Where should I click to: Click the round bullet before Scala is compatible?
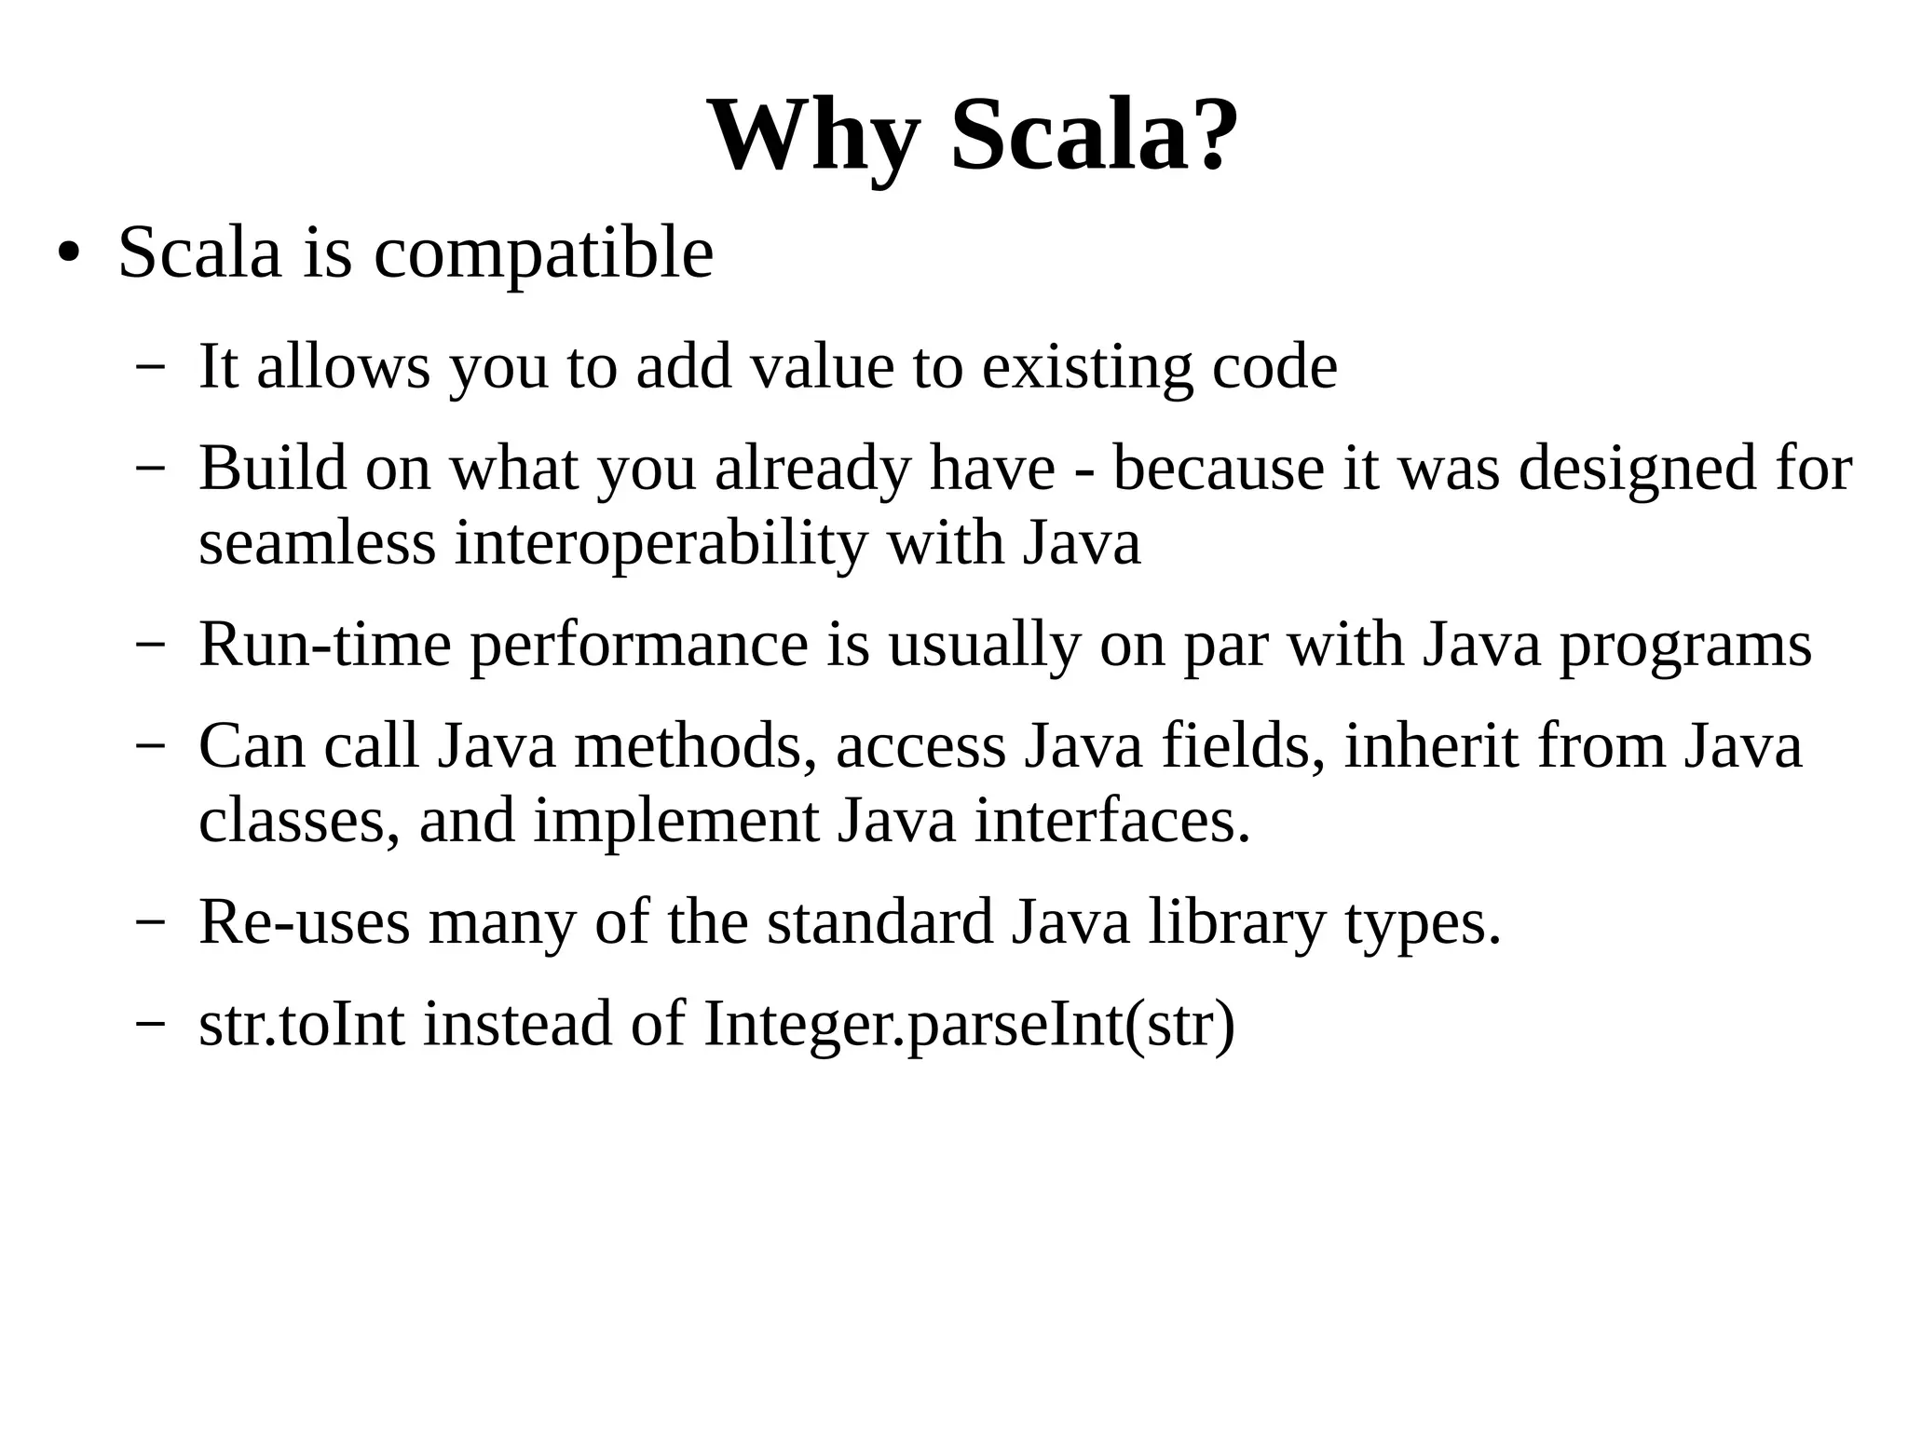click(x=67, y=253)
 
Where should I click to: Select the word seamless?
click(x=317, y=542)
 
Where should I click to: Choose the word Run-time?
click(x=324, y=645)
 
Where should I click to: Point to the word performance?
click(x=638, y=645)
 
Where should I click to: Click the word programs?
click(x=1685, y=645)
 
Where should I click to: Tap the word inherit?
click(x=1431, y=746)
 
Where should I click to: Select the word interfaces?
click(x=1111, y=821)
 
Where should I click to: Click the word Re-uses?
click(x=304, y=922)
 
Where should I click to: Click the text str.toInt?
click(x=302, y=1024)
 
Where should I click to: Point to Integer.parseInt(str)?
click(x=969, y=1024)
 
